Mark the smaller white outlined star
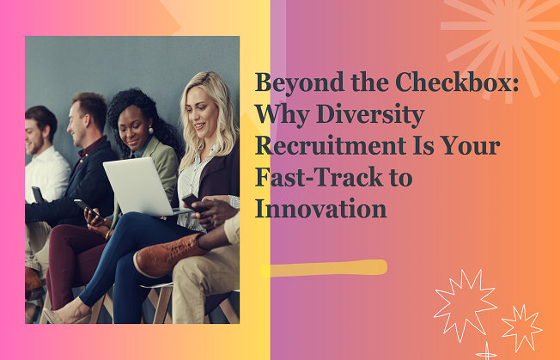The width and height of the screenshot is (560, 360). tap(521, 327)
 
